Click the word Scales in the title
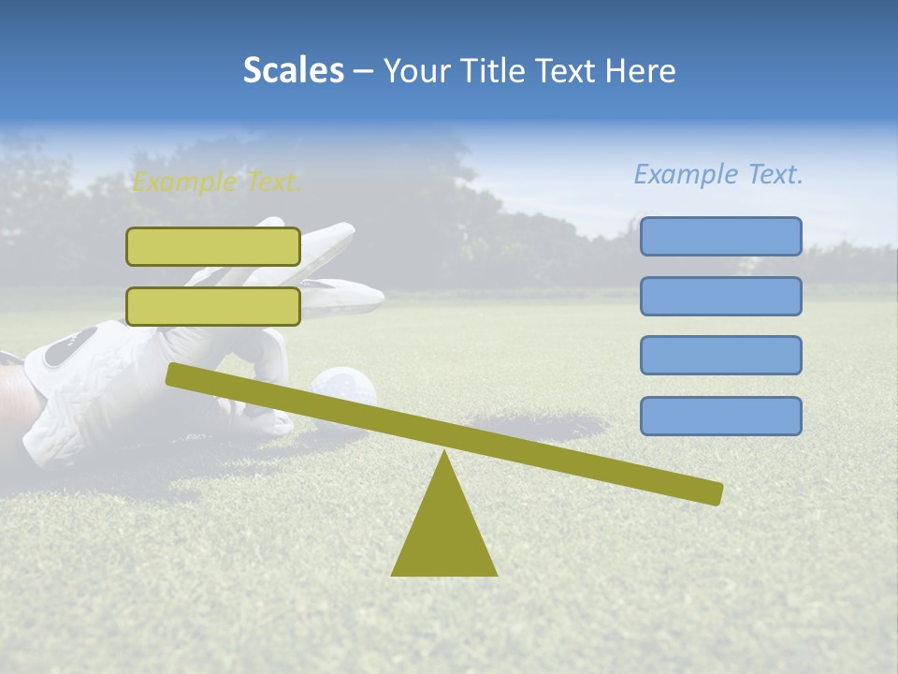[293, 70]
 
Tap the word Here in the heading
[641, 70]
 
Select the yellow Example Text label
[217, 182]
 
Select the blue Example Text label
[718, 174]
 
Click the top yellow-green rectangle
[213, 246]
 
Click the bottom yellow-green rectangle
[213, 306]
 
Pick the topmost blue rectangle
[720, 236]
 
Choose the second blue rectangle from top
[720, 296]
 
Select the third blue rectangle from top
[720, 356]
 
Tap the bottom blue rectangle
[720, 416]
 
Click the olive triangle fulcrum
[444, 534]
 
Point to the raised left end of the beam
[173, 374]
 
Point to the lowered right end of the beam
[716, 493]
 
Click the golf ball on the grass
[342, 386]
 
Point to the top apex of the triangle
[444, 454]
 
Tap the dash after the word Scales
[363, 71]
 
